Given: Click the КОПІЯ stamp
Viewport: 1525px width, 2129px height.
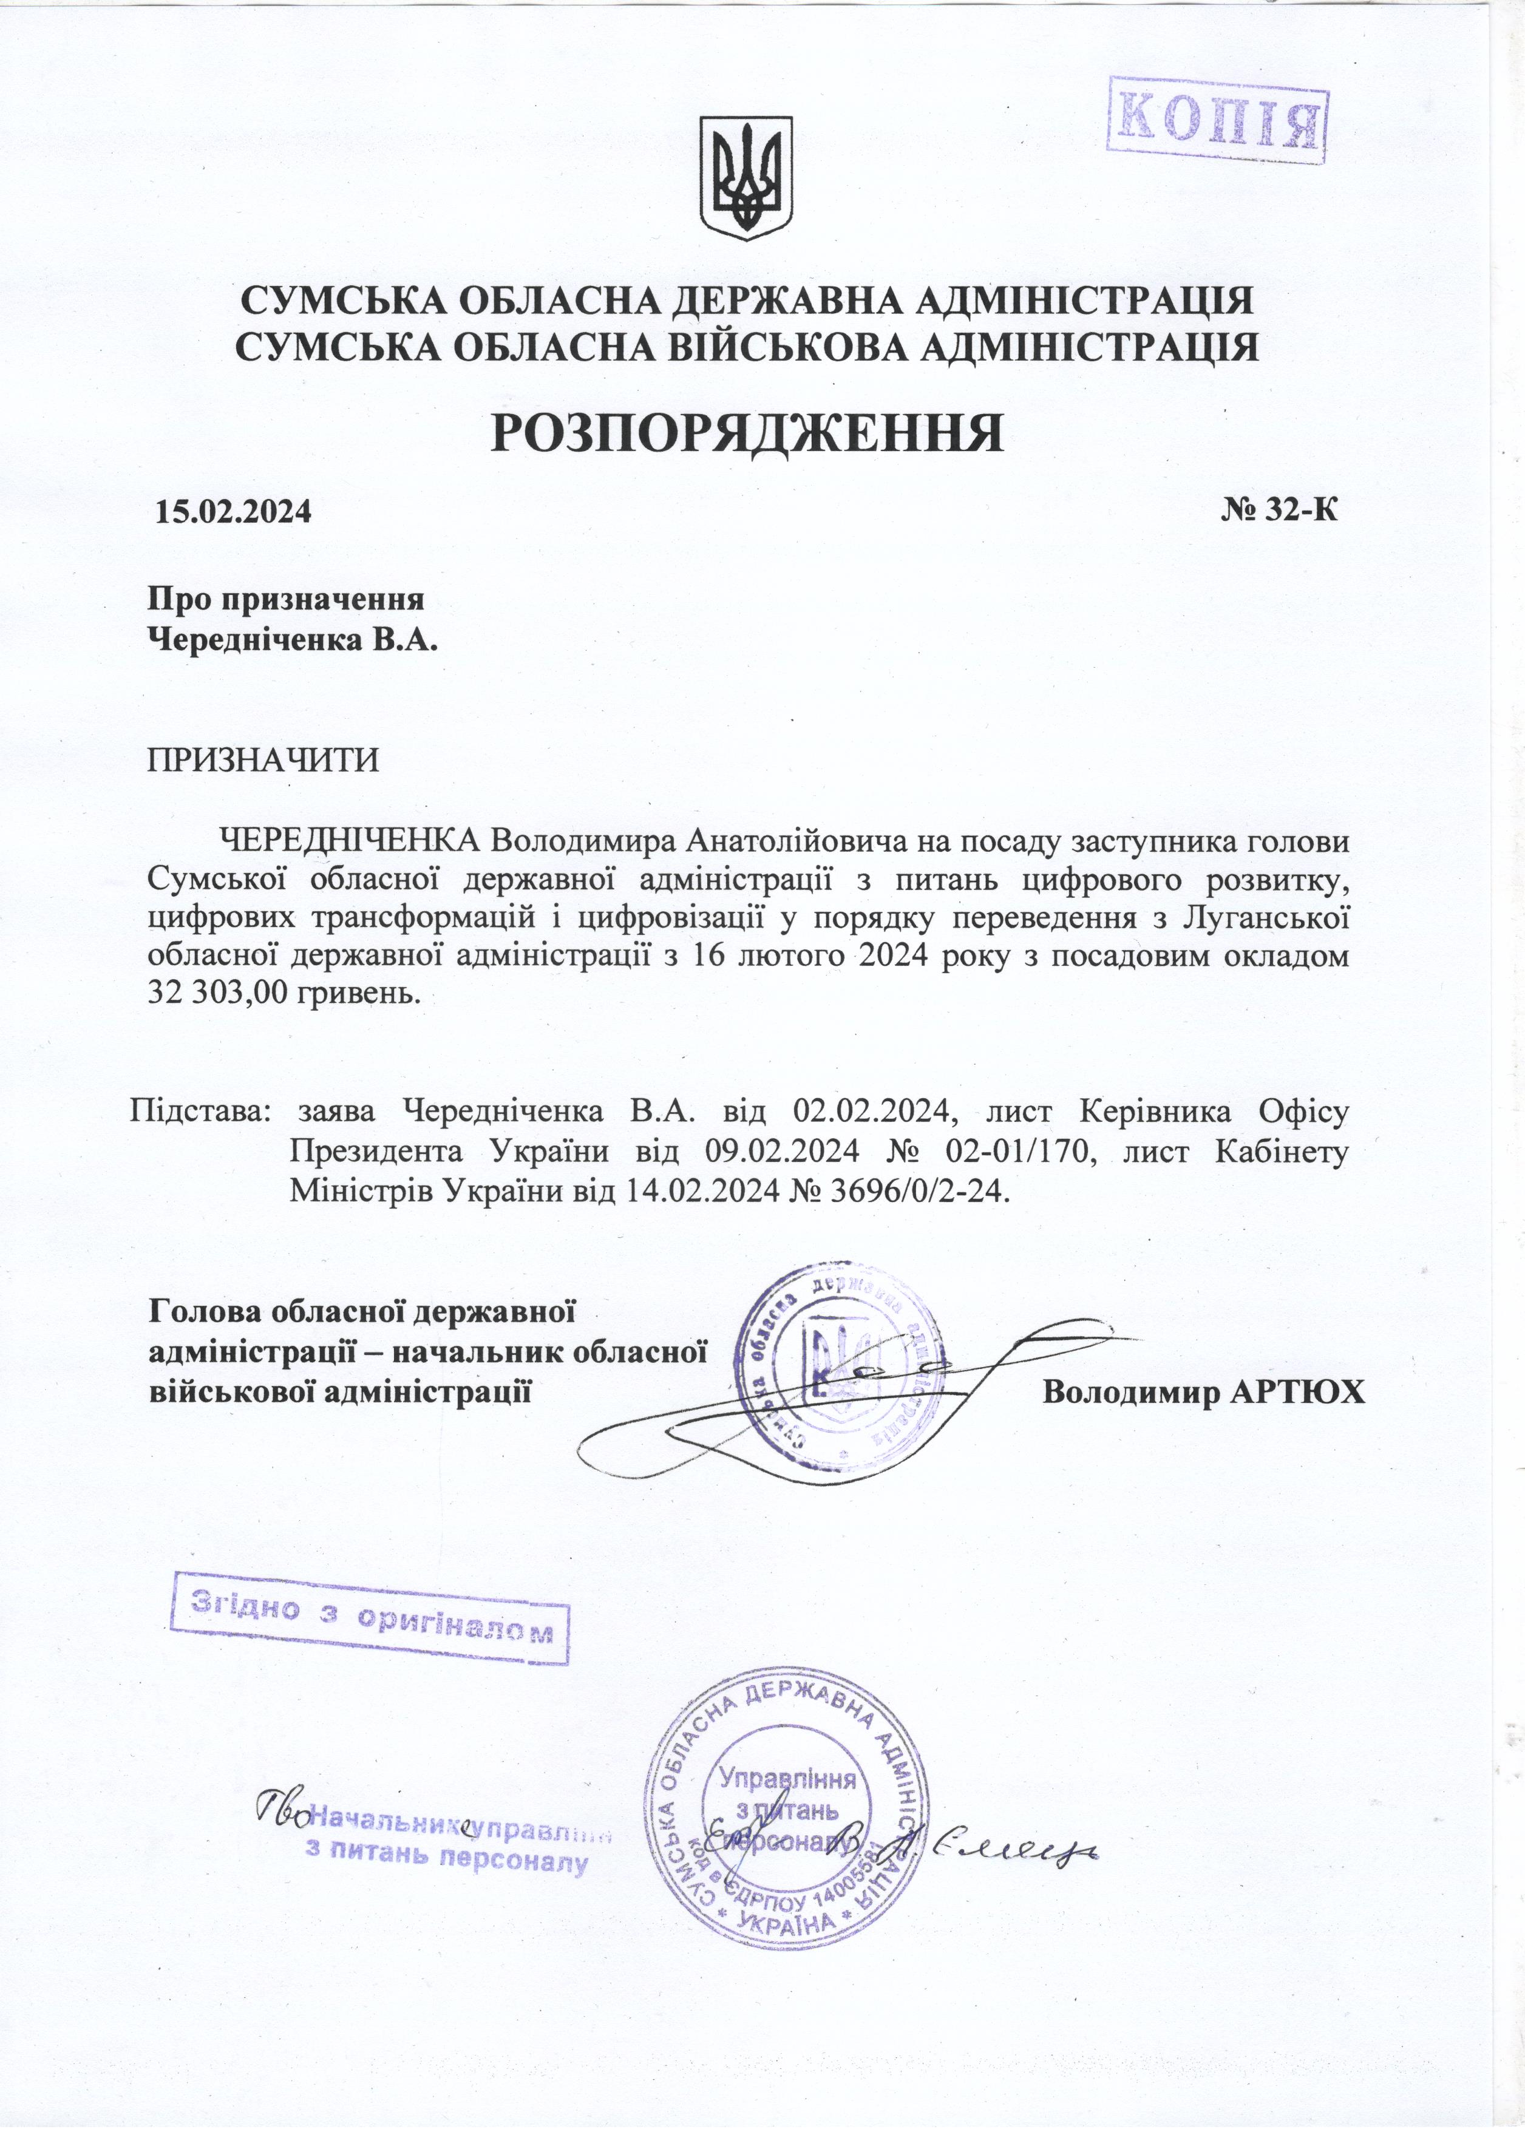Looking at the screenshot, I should click(1217, 120).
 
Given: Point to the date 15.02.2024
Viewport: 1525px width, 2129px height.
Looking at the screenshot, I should click(232, 512).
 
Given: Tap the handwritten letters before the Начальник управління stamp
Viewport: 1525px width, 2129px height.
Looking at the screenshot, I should click(282, 1805).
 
